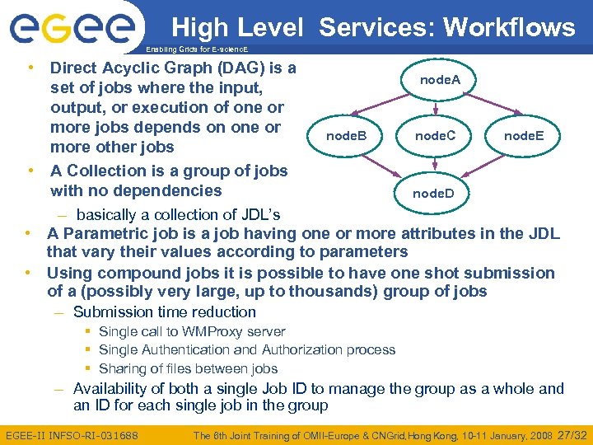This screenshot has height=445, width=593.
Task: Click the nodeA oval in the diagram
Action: (440, 80)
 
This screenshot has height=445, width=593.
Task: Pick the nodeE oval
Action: (529, 135)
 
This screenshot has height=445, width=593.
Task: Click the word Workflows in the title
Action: (509, 27)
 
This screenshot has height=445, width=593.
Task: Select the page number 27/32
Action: (572, 434)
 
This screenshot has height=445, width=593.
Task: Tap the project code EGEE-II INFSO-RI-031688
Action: (72, 435)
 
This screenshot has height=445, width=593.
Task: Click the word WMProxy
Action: (204, 331)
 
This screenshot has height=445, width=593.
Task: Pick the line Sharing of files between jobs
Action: (188, 368)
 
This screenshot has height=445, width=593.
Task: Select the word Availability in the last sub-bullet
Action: (113, 388)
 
